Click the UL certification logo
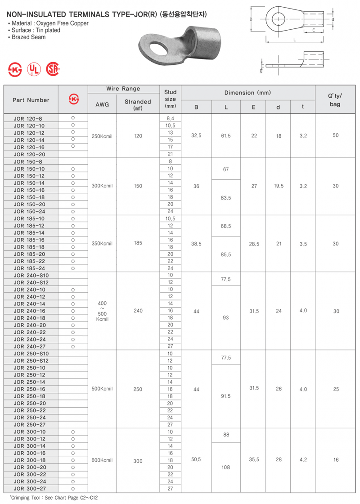point(34,69)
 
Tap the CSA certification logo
point(53,69)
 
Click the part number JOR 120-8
point(29,118)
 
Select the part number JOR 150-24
point(29,211)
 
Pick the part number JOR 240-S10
point(31,275)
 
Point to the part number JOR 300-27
point(29,489)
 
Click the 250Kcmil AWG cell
point(102,136)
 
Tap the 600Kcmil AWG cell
point(102,460)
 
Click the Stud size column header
point(170,99)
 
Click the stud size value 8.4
point(170,118)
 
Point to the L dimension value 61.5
point(226,136)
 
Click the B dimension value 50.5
point(196,460)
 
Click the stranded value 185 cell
point(138,244)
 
